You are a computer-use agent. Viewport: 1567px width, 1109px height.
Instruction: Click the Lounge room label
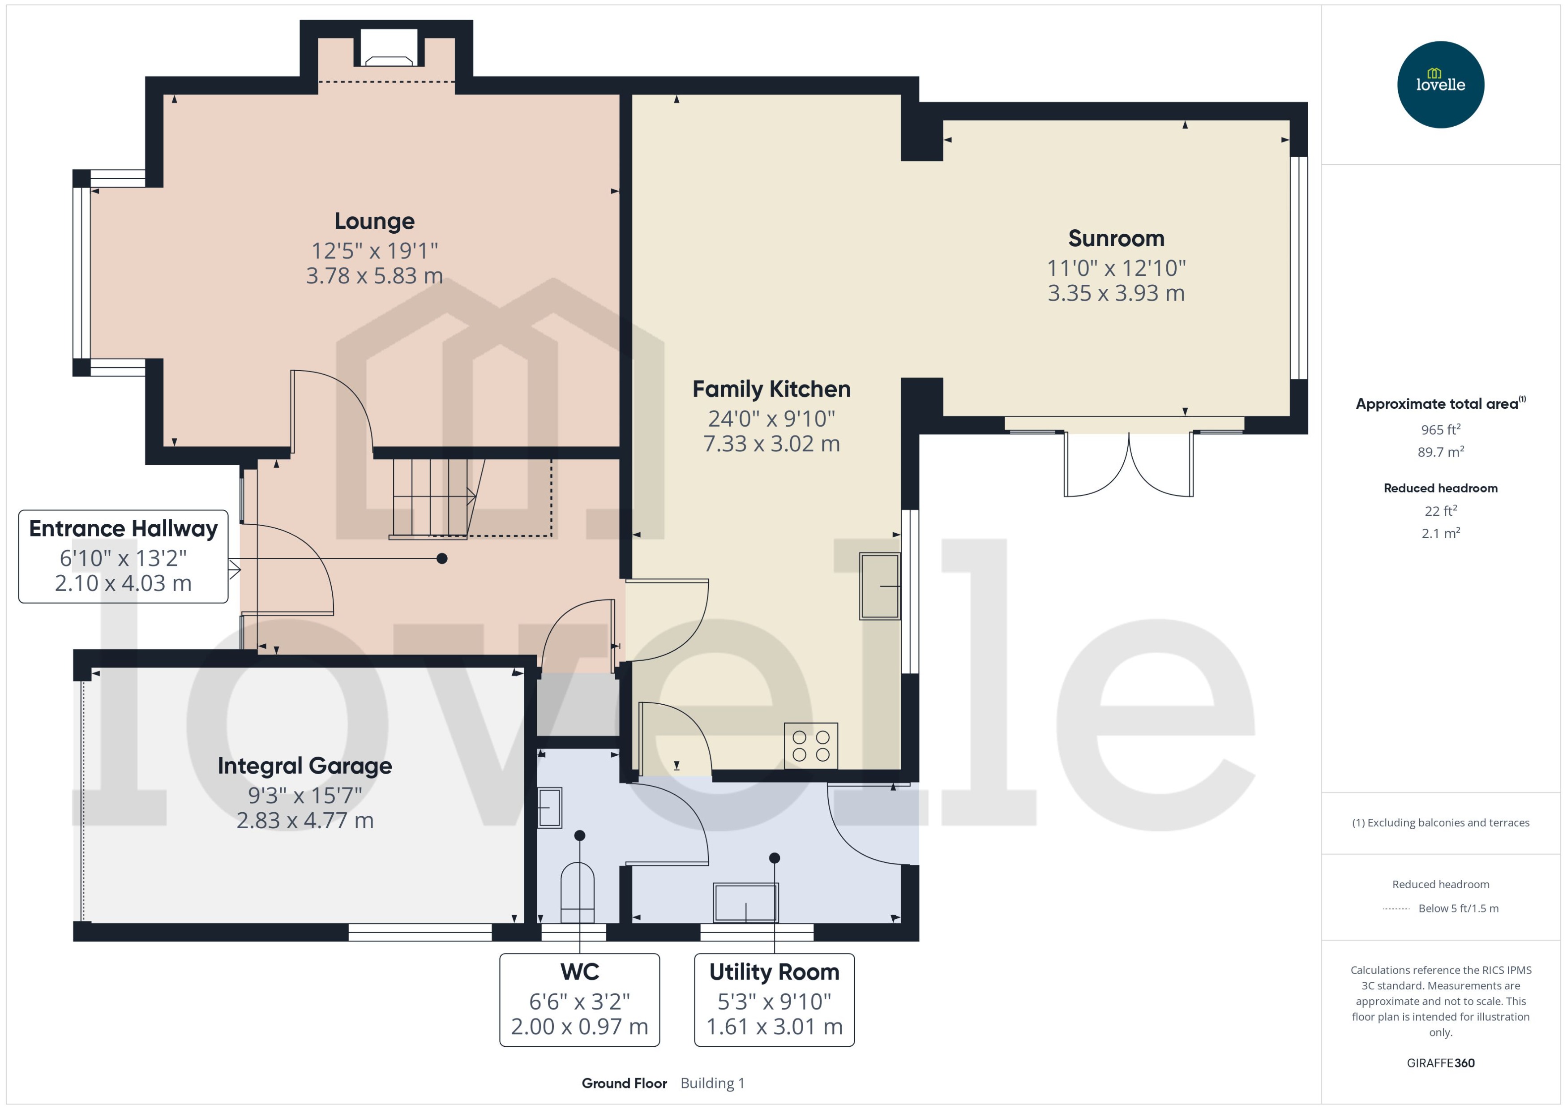[x=374, y=221]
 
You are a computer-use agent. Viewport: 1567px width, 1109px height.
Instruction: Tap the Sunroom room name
[x=1116, y=238]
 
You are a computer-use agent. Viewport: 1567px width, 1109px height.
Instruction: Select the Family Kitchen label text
[x=771, y=389]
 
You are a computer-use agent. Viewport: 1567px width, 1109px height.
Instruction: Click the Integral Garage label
[x=304, y=766]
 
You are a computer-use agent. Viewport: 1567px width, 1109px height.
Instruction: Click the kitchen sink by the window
[x=879, y=586]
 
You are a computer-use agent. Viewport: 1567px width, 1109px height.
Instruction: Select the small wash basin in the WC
[x=550, y=808]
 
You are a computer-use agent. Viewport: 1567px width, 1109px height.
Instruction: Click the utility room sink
[x=745, y=902]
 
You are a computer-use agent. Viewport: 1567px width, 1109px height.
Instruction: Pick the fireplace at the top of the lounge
[x=389, y=48]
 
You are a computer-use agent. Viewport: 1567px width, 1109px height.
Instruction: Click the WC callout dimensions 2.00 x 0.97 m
[x=579, y=1026]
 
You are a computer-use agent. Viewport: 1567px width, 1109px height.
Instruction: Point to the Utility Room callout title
[x=774, y=972]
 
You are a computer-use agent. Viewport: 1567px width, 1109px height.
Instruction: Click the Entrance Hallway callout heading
[x=123, y=529]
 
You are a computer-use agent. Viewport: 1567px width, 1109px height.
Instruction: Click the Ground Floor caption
[x=623, y=1083]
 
